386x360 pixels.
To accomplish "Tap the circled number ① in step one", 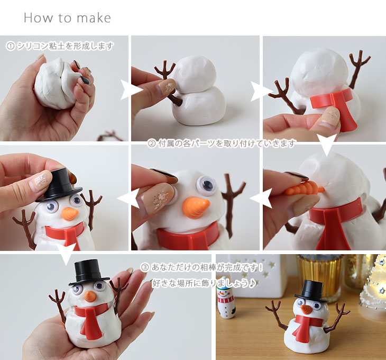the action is [11, 46].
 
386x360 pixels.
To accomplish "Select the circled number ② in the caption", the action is [151, 143].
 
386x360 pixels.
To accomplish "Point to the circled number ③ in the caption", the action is [145, 267].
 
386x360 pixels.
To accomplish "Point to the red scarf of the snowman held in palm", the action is [91, 318].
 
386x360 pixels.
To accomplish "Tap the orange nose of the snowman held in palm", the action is [89, 296].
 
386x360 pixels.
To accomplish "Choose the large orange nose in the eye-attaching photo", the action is [196, 207].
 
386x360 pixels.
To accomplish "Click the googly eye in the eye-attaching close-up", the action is [206, 185].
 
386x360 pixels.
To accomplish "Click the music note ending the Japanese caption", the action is [252, 283].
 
